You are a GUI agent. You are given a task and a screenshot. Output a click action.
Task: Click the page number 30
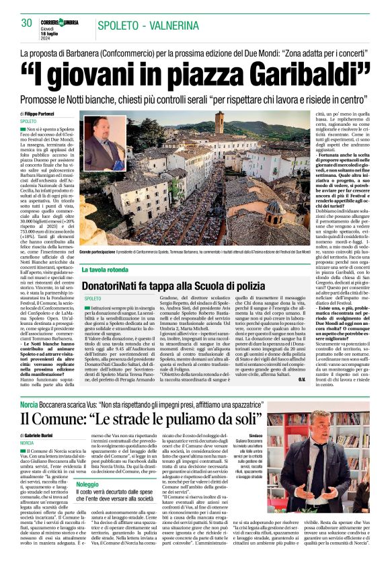click(27, 23)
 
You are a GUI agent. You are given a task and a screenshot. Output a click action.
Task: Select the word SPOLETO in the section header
click(126, 26)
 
